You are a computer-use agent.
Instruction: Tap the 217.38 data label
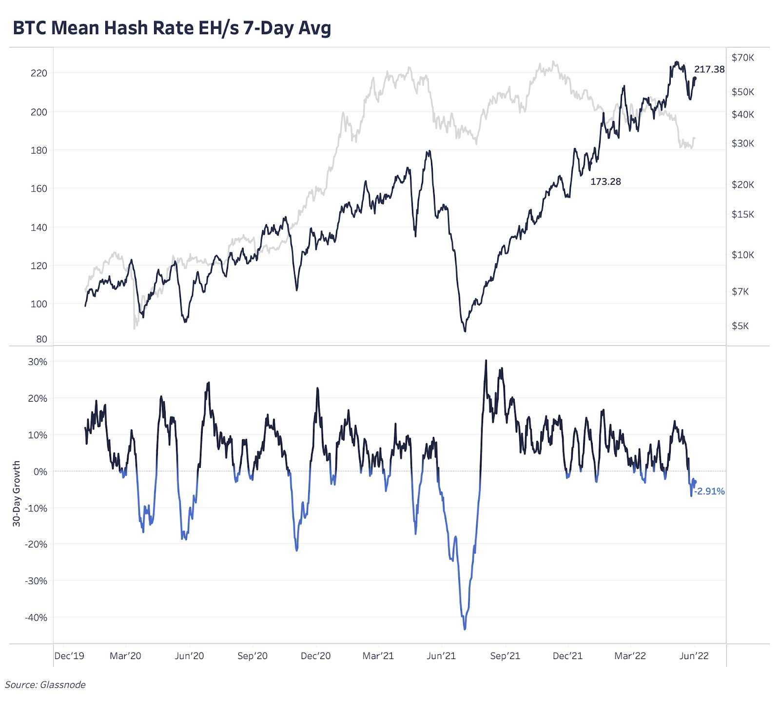tap(709, 69)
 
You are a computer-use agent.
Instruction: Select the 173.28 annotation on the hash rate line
tap(605, 182)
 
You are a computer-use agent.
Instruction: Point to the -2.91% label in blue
tap(710, 491)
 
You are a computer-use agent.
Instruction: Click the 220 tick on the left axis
tap(39, 73)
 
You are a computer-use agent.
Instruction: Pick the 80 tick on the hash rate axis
tap(42, 339)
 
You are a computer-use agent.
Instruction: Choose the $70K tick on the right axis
tap(742, 58)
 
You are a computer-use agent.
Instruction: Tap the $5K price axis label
tap(740, 326)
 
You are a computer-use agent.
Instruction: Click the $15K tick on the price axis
tap(742, 214)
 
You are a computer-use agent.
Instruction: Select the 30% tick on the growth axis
tap(38, 362)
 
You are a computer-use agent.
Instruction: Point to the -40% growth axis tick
tap(36, 618)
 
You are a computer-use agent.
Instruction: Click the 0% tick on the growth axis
tap(40, 472)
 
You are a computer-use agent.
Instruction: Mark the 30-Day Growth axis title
tap(17, 493)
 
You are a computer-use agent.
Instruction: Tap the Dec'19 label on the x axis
tap(69, 656)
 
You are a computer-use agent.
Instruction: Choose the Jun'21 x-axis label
tap(441, 656)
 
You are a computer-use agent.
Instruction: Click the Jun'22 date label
tap(694, 656)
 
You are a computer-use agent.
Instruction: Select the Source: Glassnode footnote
tap(45, 685)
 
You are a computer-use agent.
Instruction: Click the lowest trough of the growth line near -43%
tap(465, 629)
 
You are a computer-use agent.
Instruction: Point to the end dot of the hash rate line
tap(695, 78)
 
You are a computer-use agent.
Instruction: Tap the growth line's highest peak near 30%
tap(486, 361)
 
